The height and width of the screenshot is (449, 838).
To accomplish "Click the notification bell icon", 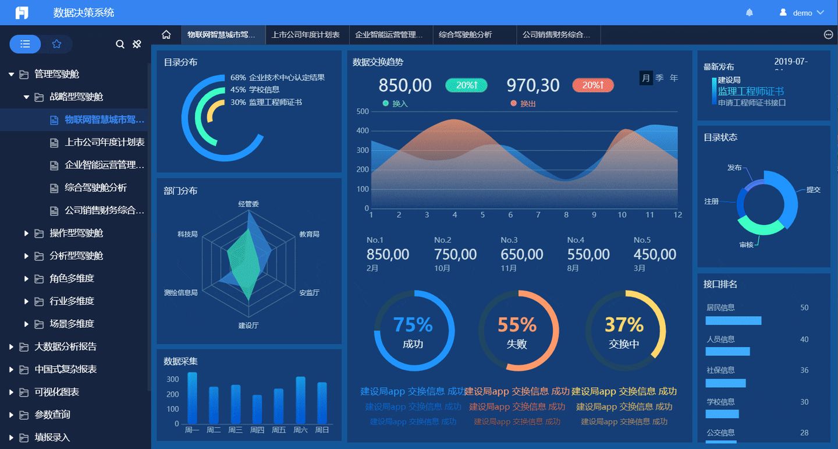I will [x=750, y=12].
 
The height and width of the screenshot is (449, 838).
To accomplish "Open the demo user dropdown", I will [x=802, y=12].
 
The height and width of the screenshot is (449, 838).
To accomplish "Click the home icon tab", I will [x=166, y=35].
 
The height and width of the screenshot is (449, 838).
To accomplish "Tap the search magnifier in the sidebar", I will [x=120, y=44].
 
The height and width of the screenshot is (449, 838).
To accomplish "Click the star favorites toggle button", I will [x=56, y=44].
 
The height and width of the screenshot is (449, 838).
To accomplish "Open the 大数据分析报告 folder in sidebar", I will [x=65, y=347].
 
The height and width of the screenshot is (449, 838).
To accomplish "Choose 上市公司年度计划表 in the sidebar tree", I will [x=105, y=142].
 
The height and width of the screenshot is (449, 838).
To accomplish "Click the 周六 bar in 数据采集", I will [x=300, y=400].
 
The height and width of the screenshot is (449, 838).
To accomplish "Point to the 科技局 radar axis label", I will [x=187, y=234].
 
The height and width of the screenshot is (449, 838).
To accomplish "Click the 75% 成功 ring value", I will [x=413, y=325].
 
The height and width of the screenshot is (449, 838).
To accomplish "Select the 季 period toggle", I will [x=659, y=78].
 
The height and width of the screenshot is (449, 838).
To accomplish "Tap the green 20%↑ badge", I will [x=466, y=86].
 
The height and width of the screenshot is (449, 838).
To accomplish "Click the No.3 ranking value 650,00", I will [x=522, y=254].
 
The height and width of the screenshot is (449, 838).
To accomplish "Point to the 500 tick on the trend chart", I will [x=363, y=111].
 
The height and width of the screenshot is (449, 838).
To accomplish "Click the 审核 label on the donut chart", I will [x=747, y=245].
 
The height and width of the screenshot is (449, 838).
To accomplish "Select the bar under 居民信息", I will [x=733, y=320].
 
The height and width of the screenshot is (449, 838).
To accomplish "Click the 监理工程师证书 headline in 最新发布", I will [x=751, y=91].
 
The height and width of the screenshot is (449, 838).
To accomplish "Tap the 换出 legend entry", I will [x=527, y=104].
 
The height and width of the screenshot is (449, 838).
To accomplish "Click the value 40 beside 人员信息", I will [x=804, y=339].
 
